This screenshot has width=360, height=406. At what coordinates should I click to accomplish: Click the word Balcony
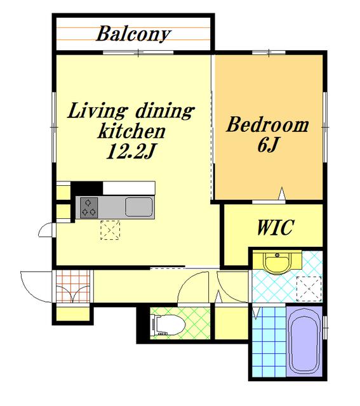click(x=133, y=34)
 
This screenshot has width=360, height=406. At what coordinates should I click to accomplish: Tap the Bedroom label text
click(x=268, y=125)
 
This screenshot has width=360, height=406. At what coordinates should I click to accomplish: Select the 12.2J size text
click(x=131, y=151)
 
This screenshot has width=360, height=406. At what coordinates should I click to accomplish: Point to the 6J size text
click(x=268, y=145)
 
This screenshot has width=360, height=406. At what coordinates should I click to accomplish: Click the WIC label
click(x=276, y=227)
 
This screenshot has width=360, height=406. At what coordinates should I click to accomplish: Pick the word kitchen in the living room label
click(x=131, y=131)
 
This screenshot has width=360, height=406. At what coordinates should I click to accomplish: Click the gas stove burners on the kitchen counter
click(x=89, y=207)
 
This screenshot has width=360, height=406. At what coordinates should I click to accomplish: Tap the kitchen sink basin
click(x=139, y=207)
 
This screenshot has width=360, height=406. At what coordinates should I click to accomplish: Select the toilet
click(x=168, y=325)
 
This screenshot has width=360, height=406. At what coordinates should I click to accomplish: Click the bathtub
click(x=305, y=340)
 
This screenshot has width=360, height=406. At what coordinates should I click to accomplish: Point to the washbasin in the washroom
click(x=277, y=262)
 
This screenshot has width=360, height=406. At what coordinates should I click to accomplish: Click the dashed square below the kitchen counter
click(x=110, y=230)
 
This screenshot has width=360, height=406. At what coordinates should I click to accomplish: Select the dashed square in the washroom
click(x=309, y=289)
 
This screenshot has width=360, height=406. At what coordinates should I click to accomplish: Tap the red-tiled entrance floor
click(x=73, y=286)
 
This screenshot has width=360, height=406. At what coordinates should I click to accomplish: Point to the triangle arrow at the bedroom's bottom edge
click(x=282, y=193)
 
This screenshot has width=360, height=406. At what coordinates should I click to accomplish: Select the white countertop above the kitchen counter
click(x=129, y=188)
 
